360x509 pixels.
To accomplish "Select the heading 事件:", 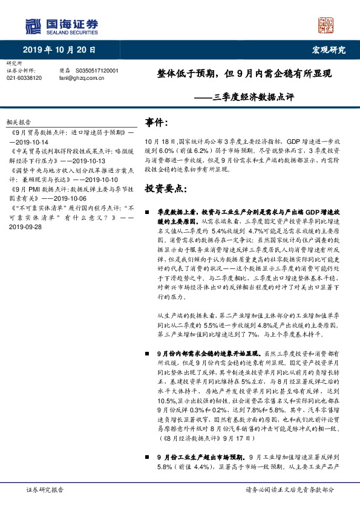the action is [157, 123].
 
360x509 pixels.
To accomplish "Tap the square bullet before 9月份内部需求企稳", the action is [148, 352].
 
